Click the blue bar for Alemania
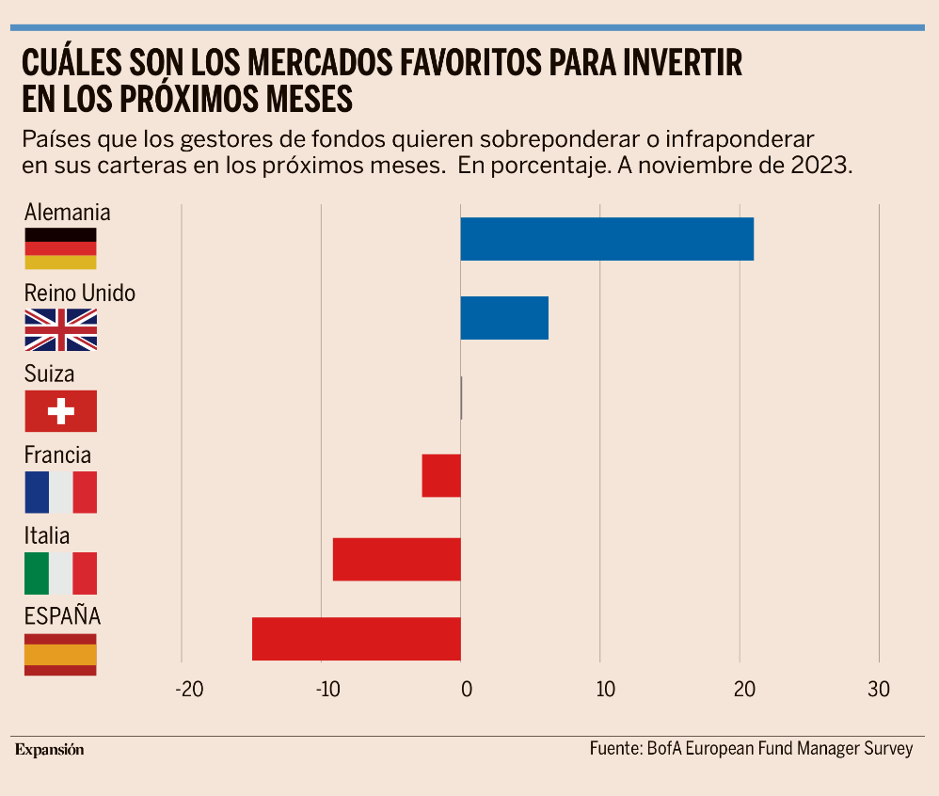pos(607,239)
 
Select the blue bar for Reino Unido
pos(504,318)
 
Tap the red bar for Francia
pos(441,475)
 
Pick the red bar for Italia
pos(397,559)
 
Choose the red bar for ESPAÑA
pos(357,639)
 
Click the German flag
pos(60,248)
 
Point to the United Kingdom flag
pos(60,329)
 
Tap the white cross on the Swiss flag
pos(60,411)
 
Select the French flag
pos(60,492)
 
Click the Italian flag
pos(60,573)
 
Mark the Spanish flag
pos(60,654)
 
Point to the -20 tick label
pos(189,689)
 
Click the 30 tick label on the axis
pos(879,689)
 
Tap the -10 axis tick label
pos(327,689)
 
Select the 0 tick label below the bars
pos(467,689)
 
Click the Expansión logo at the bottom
pos(49,750)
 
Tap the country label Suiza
pos(50,374)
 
